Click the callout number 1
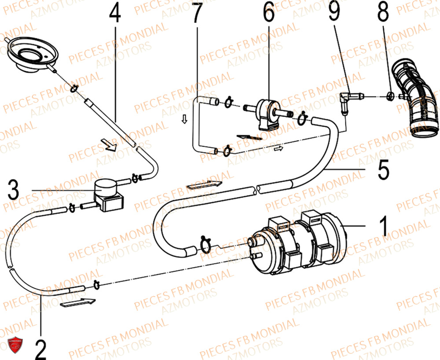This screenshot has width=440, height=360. [x=383, y=226]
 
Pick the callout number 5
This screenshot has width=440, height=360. [x=383, y=169]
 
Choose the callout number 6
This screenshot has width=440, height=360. [x=268, y=14]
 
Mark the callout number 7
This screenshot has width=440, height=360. [x=196, y=14]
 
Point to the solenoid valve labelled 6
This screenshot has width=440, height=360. [x=268, y=113]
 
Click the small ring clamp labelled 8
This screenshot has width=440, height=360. [x=391, y=96]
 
